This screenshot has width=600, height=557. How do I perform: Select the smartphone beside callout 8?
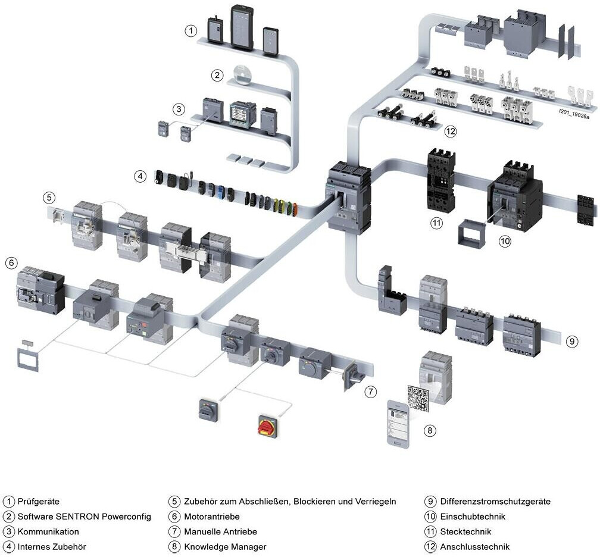click(x=398, y=423)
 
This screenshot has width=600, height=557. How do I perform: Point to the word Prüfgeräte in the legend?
click(x=39, y=502)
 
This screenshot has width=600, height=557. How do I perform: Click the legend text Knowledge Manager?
click(x=225, y=546)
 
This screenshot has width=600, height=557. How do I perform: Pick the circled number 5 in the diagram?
click(x=49, y=197)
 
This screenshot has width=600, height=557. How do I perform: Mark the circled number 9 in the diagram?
click(x=571, y=341)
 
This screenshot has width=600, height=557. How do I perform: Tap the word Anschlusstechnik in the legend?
click(x=475, y=546)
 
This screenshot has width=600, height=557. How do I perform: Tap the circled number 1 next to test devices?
click(x=190, y=30)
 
